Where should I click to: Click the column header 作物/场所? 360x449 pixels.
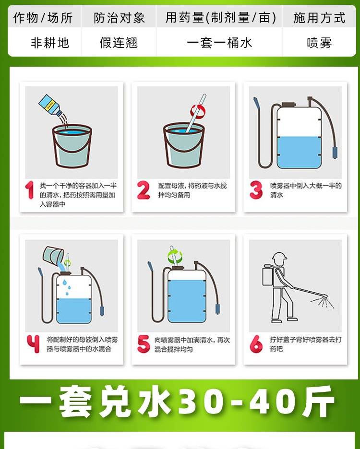point(43,18)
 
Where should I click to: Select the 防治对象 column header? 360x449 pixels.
point(119,18)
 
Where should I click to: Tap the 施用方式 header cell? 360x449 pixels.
point(319,18)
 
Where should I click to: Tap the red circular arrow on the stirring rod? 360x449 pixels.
point(198,111)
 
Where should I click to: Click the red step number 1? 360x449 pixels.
point(30,190)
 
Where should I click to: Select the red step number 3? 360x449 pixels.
point(256,190)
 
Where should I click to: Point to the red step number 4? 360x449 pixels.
point(33,343)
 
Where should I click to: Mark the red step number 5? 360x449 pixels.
point(144,343)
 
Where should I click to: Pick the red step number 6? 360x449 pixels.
point(256,343)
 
